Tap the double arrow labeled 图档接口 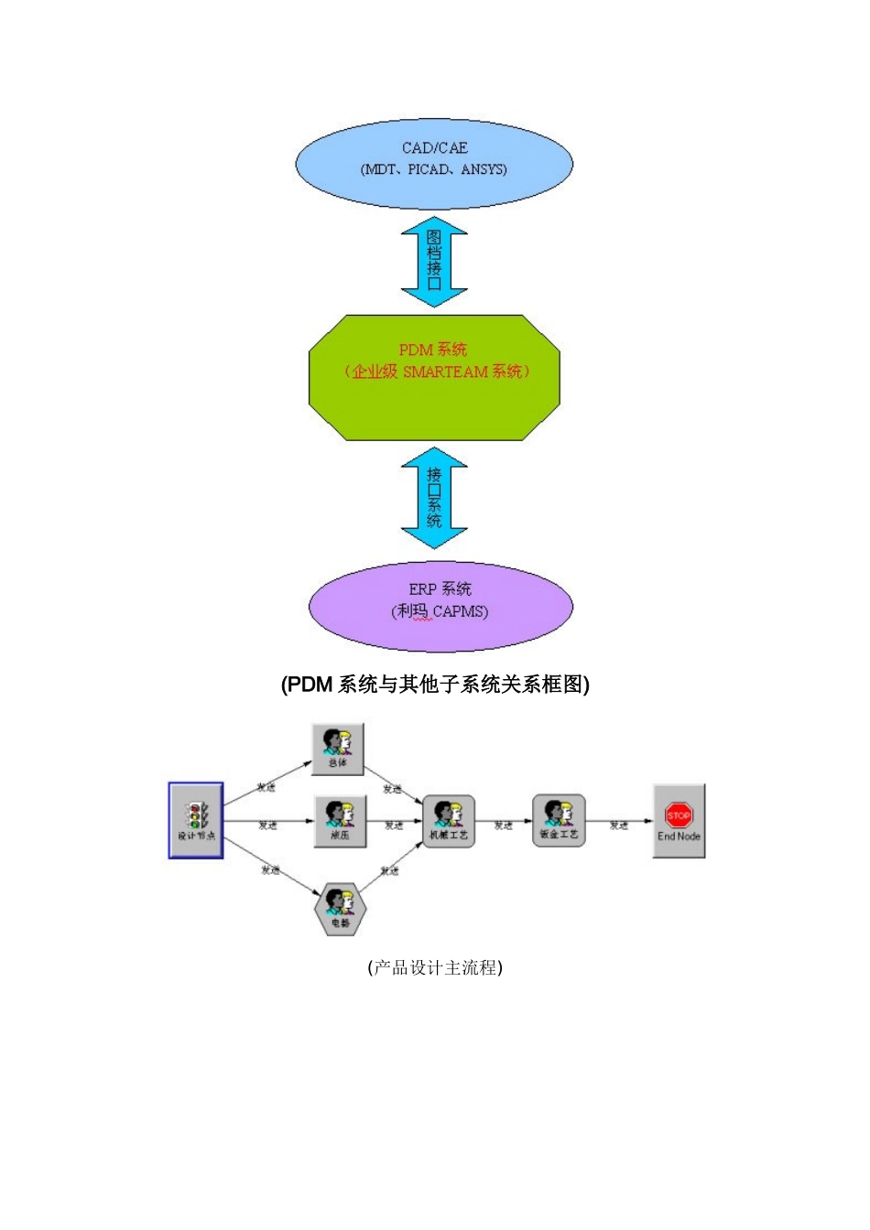434,262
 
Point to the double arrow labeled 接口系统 434,497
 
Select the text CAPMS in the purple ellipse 460,611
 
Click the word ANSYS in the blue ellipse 484,169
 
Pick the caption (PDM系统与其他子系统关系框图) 435,685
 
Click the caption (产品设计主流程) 435,967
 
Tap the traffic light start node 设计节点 196,820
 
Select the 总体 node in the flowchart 338,749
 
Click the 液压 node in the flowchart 340,821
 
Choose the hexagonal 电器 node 340,909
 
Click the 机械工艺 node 449,821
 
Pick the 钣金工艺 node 558,820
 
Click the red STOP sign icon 679,815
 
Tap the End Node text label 679,836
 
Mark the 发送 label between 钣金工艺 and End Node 619,825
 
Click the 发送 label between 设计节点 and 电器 270,869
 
